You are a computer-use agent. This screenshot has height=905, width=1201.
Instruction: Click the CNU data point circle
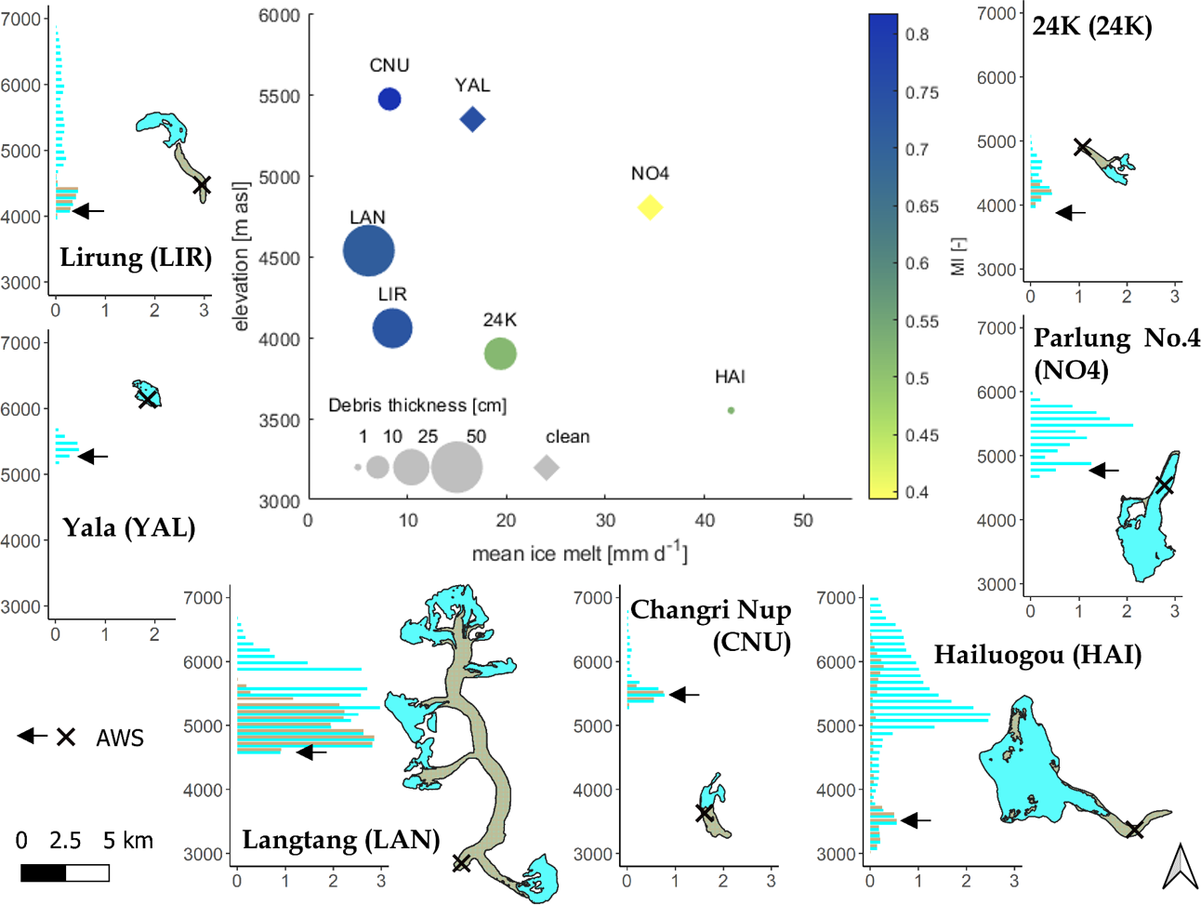[x=389, y=99]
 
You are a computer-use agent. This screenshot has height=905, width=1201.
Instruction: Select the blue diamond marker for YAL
[x=472, y=119]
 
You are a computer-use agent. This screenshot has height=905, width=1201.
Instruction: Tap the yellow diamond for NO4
[x=650, y=207]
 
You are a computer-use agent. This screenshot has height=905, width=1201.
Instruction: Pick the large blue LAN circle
[x=369, y=251]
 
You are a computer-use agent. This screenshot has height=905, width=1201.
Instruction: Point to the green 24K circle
[x=500, y=353]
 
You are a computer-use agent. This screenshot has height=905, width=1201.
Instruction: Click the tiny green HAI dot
[x=731, y=410]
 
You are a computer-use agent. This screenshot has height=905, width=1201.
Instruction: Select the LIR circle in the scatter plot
[x=392, y=328]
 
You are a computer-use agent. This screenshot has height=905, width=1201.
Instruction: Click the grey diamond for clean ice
[x=547, y=467]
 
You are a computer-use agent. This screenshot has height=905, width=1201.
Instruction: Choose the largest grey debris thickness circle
[x=456, y=467]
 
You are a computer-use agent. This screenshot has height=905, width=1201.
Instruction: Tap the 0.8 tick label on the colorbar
[x=917, y=34]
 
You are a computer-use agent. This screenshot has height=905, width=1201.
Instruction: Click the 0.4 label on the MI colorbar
[x=917, y=492]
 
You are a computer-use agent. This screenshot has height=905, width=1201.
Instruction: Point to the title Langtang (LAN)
[x=340, y=840]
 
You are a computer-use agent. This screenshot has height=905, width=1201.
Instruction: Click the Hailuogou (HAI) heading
[x=1036, y=655]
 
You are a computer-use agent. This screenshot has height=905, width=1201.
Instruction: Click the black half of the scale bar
[x=44, y=872]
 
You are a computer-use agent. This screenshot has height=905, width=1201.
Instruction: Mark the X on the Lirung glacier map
[x=202, y=186]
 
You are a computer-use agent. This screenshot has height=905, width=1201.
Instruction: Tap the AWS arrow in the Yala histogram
[x=93, y=457]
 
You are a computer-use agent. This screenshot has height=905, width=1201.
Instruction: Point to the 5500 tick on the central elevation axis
[x=279, y=96]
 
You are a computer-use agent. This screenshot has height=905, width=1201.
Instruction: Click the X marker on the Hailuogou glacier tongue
[x=1135, y=830]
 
